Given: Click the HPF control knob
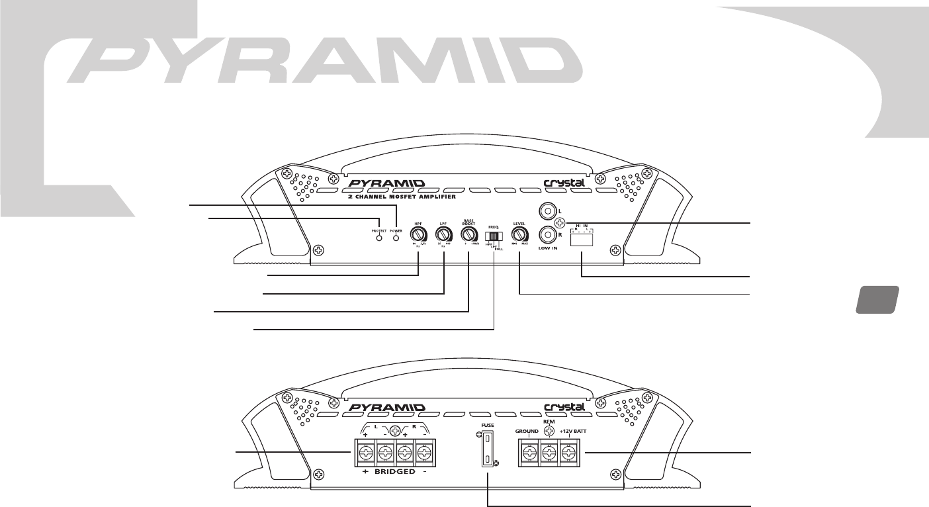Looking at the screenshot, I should point(418,235).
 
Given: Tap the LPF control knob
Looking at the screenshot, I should point(443,235).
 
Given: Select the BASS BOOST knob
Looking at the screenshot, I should point(468,235).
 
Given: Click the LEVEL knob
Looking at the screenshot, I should point(519,235).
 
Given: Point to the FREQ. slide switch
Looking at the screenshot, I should point(494,236).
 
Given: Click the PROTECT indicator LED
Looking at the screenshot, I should point(378,238).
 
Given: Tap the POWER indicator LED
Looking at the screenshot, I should point(397,238).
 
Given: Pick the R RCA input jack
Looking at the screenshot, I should point(547,235).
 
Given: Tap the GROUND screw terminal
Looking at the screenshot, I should point(529,453).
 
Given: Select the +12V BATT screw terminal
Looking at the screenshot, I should point(567,453).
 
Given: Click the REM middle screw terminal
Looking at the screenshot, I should point(548,453).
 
